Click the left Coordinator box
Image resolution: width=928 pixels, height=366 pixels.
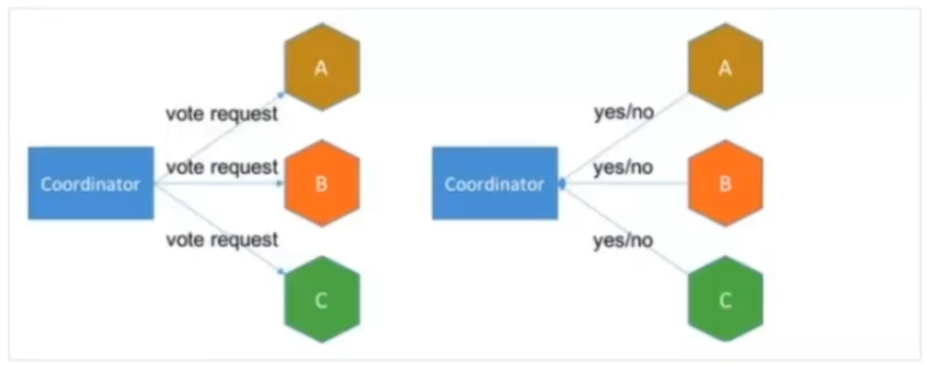tap(91, 183)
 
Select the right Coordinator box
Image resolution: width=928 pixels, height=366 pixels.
tap(495, 183)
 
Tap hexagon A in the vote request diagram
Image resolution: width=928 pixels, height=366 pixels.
tap(322, 67)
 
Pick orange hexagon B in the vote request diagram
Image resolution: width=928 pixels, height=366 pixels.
tap(322, 183)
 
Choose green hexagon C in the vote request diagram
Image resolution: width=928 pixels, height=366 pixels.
tap(322, 301)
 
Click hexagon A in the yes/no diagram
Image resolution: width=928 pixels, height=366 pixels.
tap(726, 67)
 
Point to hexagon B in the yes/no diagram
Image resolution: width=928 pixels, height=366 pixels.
tap(726, 183)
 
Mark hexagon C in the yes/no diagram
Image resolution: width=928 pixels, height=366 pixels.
tap(726, 301)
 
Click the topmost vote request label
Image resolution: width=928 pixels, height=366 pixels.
tap(221, 114)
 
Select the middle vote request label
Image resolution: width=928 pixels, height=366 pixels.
tap(221, 167)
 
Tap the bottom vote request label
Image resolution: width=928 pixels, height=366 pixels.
tap(221, 240)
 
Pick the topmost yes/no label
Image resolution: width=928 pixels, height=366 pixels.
tap(623, 113)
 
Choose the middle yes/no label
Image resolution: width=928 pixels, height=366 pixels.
tap(623, 168)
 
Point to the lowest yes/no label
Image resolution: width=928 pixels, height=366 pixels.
tap(623, 241)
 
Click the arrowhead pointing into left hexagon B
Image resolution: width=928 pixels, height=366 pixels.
tap(281, 183)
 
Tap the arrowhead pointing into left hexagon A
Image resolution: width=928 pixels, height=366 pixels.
tap(281, 94)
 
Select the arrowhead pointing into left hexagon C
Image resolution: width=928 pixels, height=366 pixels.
tap(281, 272)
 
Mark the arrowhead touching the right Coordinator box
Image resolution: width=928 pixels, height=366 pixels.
tap(562, 183)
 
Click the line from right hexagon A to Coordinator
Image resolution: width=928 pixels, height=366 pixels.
tap(624, 138)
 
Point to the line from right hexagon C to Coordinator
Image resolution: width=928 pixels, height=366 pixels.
tap(624, 228)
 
